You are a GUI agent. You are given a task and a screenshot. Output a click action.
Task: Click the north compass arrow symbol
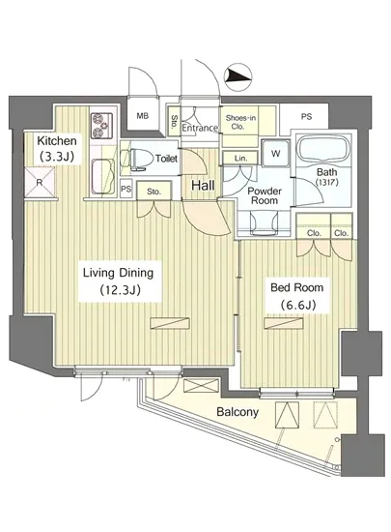coord(238,77)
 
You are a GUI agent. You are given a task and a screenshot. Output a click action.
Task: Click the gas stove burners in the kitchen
coord(101,125)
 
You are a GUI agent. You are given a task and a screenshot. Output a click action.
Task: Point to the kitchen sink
coord(103,176)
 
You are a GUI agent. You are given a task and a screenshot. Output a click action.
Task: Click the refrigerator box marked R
coord(40,183)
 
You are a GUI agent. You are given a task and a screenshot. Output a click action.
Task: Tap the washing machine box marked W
coord(275,154)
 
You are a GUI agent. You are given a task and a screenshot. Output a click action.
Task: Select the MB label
coord(143,116)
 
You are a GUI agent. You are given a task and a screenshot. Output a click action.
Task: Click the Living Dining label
coord(119,273)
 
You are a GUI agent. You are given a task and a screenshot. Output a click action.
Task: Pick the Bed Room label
coord(297,287)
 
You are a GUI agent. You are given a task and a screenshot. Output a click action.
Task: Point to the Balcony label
coord(237,412)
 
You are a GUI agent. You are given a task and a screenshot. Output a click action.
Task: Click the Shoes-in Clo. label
coord(240,122)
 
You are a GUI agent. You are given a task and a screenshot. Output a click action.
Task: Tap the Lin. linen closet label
coord(240,158)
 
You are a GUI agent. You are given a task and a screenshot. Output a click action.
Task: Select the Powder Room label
coord(265,195)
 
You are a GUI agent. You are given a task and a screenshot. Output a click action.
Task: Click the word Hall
coord(203,186)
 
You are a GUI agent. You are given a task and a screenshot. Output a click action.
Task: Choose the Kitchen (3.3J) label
coord(57,148)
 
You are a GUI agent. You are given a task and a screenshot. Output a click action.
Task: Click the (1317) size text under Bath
coord(326,182)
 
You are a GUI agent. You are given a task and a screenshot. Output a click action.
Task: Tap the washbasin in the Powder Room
coord(265,222)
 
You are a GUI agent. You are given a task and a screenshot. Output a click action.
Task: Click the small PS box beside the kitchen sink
coord(126,189)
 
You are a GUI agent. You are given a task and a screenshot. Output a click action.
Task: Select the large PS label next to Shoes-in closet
coord(306,117)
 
